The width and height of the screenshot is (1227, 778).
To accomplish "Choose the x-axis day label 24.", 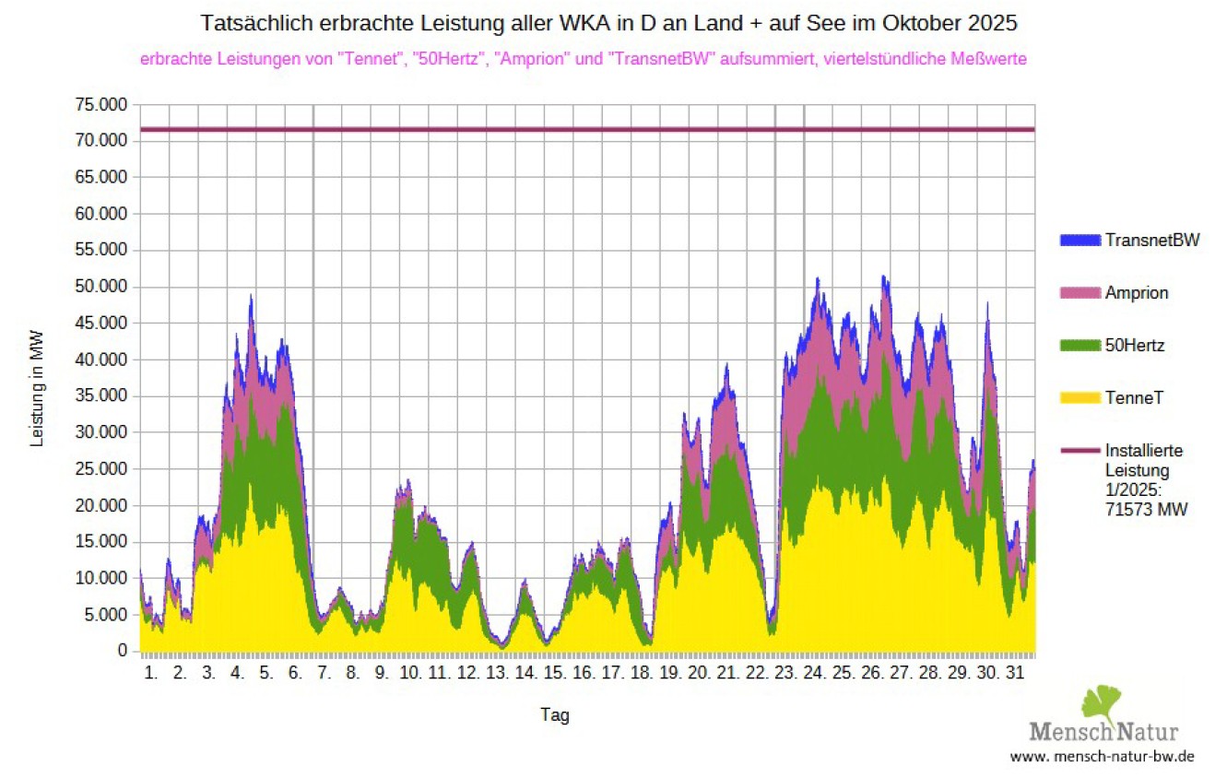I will (813, 674).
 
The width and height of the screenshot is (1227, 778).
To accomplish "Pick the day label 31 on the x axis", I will (1014, 674).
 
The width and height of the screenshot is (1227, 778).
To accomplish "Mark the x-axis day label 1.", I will (152, 674).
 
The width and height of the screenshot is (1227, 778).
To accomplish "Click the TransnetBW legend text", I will (1153, 241).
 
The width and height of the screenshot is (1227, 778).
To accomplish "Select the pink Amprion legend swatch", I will (1080, 293).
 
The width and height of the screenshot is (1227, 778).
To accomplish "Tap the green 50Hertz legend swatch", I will (1080, 346).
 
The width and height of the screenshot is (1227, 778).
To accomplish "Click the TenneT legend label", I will (1134, 398).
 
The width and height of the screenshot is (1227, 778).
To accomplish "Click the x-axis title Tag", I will (555, 715).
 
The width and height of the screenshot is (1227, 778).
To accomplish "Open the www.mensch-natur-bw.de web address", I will (1103, 757).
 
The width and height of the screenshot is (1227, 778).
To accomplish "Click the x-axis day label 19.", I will (669, 674).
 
